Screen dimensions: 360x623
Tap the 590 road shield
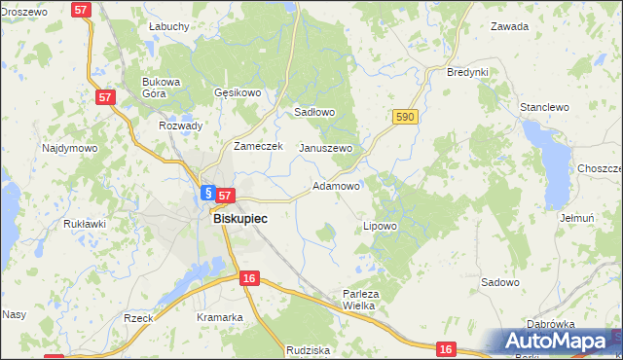(x=406, y=117)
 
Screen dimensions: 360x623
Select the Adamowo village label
(x=337, y=185)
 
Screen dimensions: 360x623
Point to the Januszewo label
(x=325, y=148)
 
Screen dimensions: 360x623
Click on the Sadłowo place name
(x=314, y=112)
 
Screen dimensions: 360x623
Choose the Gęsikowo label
(x=238, y=93)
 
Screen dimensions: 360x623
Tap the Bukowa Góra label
(x=162, y=88)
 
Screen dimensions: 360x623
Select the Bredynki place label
(x=466, y=73)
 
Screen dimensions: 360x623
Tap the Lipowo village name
(x=380, y=226)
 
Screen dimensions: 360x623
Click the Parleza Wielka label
(x=359, y=299)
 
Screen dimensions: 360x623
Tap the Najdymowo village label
(x=69, y=149)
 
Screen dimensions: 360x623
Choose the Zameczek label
(x=257, y=146)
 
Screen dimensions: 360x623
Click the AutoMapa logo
(x=561, y=342)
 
